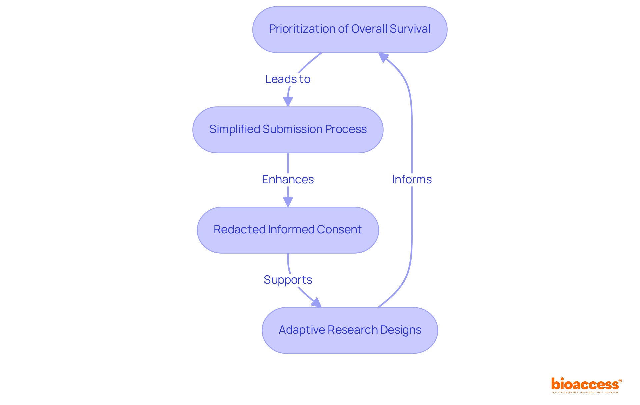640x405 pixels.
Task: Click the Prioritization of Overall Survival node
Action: click(x=350, y=29)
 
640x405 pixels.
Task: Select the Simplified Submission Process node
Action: click(x=288, y=130)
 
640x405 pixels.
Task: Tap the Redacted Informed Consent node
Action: click(x=288, y=230)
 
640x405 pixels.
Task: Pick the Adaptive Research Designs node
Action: click(x=350, y=330)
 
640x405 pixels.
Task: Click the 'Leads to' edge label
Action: click(x=288, y=79)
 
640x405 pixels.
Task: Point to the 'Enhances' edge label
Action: click(x=288, y=180)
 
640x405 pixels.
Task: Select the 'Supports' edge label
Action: click(x=288, y=280)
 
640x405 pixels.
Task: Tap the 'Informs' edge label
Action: click(x=412, y=180)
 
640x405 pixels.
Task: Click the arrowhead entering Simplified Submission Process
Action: click(x=288, y=102)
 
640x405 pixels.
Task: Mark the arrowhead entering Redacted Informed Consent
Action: click(x=288, y=202)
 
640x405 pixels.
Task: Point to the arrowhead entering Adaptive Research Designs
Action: click(x=316, y=303)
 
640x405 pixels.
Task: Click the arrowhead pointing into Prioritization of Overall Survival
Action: click(x=383, y=57)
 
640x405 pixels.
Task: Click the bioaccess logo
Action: click(x=586, y=385)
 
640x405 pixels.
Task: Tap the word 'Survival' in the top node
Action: click(x=410, y=29)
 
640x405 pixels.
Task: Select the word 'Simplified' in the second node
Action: click(x=235, y=129)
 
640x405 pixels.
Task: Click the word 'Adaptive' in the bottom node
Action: click(x=302, y=330)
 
